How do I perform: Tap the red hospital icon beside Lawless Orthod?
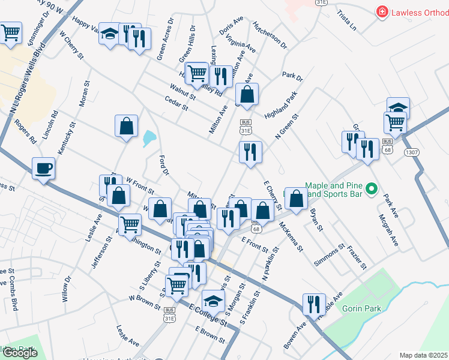pyautogui.click(x=381, y=12)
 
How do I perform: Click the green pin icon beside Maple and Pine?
pyautogui.click(x=372, y=190)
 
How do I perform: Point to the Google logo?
pyautogui.click(x=20, y=353)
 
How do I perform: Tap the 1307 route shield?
pyautogui.click(x=412, y=153)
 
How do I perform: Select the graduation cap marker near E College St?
pyautogui.click(x=212, y=299)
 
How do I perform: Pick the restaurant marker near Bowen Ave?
pyautogui.click(x=314, y=304)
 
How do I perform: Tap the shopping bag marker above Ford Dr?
pyautogui.click(x=126, y=127)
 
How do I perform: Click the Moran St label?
pyautogui.click(x=85, y=94)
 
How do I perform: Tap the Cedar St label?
pyautogui.click(x=176, y=103)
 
